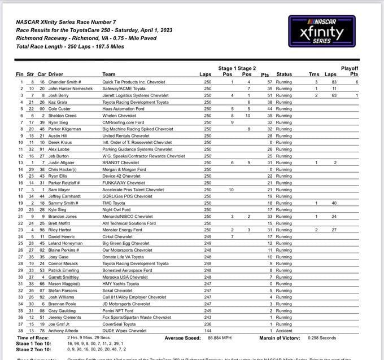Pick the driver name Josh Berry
(57, 95)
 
